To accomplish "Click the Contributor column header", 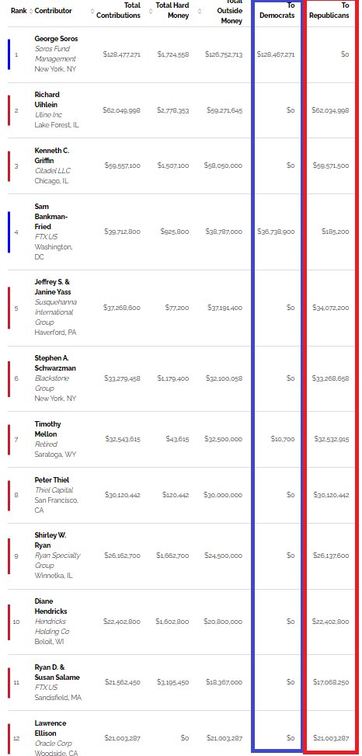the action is (54, 11).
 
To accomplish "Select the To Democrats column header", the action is (277, 11).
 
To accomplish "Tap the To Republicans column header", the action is (329, 11).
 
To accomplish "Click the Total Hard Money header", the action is (172, 11).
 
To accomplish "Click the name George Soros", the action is (56, 39).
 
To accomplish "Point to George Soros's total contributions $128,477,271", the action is (121, 54).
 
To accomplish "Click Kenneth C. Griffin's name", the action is (52, 155).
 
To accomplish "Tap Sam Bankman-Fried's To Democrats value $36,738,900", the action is (276, 232).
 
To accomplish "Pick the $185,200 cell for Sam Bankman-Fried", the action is (336, 232).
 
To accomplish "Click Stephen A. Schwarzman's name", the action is (55, 363).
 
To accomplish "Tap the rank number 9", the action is (16, 556).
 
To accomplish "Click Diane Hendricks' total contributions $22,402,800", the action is (122, 622).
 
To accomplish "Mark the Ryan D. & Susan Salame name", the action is (57, 672).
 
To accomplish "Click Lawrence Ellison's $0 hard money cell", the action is (185, 738).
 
